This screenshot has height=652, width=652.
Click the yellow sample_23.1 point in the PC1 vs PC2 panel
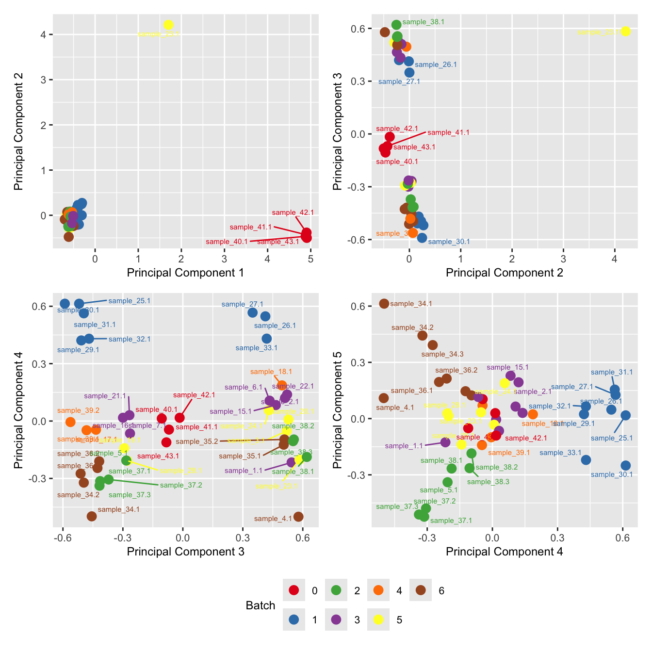click(x=168, y=25)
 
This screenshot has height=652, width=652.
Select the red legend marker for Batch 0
click(x=294, y=590)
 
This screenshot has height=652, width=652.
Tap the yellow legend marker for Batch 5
click(x=378, y=619)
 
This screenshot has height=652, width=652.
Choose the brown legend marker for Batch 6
click(x=421, y=590)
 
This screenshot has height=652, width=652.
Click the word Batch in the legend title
click(x=261, y=605)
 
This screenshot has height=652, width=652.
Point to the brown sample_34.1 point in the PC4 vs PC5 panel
click(x=384, y=304)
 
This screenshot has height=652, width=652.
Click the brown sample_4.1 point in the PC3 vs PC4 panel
click(x=298, y=517)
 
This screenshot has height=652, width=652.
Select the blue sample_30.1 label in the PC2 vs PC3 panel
click(x=449, y=242)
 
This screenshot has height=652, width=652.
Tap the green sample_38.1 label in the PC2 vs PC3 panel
click(x=423, y=22)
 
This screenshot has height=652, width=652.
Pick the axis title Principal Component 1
click(x=185, y=273)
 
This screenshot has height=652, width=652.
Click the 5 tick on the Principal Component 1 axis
click(x=310, y=259)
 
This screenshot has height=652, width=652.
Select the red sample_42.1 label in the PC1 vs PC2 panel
click(x=293, y=212)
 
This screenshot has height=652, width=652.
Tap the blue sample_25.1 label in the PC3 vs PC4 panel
click(x=130, y=301)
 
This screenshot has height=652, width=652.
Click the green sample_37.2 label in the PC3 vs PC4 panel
click(x=181, y=485)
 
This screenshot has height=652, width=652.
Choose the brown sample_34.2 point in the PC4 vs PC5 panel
click(x=423, y=335)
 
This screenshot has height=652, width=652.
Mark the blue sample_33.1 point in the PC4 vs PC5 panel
click(x=586, y=459)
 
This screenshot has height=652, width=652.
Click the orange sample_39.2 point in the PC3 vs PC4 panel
click(x=70, y=422)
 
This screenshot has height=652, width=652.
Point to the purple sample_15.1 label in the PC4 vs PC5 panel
click(x=507, y=367)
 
